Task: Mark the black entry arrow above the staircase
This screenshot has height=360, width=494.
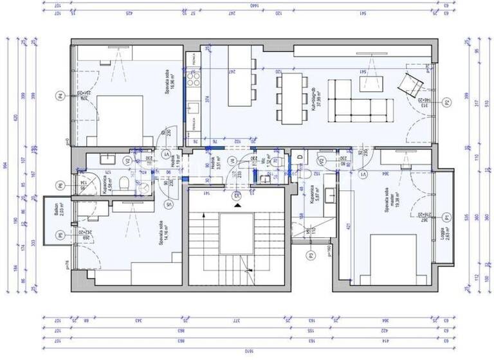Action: (238, 205)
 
